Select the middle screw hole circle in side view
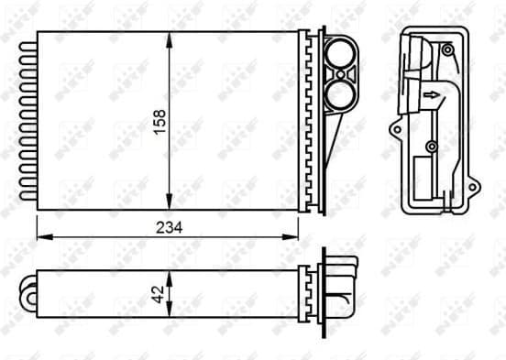(431, 147)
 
